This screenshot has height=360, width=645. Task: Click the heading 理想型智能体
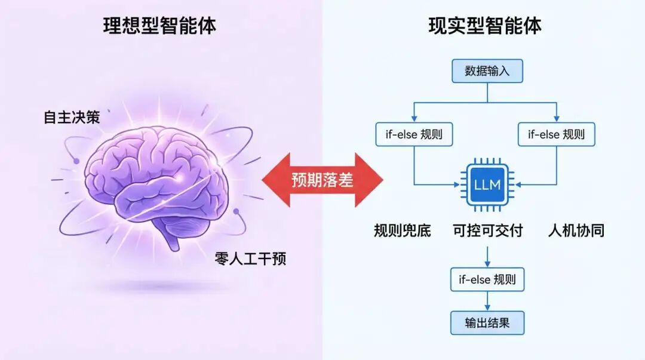click(x=159, y=26)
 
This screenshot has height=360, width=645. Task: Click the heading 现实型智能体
click(x=485, y=26)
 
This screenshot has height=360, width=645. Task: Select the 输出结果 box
click(x=487, y=323)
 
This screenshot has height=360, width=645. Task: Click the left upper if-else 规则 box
click(x=414, y=134)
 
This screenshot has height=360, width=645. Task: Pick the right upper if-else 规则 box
click(x=556, y=134)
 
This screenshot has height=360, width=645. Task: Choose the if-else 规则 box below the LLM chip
click(x=487, y=279)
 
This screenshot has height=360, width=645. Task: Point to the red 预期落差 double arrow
click(x=322, y=180)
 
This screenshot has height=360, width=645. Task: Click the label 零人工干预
click(x=250, y=259)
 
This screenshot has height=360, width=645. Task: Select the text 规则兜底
click(x=402, y=230)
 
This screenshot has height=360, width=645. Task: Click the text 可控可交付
click(x=487, y=230)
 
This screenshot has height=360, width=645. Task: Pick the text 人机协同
click(x=576, y=230)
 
